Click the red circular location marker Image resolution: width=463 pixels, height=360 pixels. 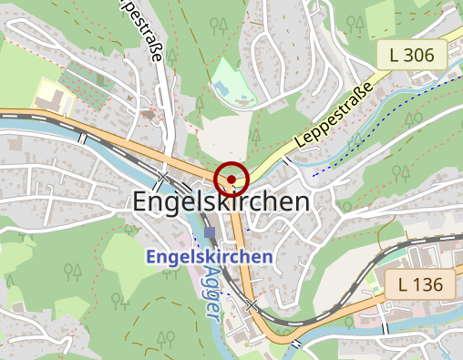point(233,178)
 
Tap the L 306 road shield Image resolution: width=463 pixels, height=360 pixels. point(411,56)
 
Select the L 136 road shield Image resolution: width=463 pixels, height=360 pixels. point(420,284)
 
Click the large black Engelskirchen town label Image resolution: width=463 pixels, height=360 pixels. point(221,202)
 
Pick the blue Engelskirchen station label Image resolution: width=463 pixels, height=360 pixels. point(209,257)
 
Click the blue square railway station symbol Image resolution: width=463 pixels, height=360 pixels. point(211,234)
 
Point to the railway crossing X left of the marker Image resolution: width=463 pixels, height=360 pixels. point(163,177)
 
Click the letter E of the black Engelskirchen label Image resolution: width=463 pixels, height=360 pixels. point(141,202)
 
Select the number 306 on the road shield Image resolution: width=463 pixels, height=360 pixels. point(418,56)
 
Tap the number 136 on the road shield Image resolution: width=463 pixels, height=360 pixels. point(427,284)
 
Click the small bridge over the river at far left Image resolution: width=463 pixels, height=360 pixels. point(82,138)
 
